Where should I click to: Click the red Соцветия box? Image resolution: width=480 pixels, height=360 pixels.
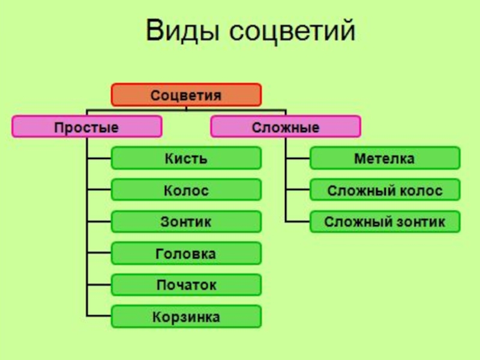(186, 95)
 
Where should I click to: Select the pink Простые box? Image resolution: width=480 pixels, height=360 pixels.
(87, 127)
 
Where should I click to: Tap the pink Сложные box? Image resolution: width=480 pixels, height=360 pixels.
(286, 127)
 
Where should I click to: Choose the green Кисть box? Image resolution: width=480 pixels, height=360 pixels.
(186, 158)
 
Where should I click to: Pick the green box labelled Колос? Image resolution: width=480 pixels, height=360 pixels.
(186, 190)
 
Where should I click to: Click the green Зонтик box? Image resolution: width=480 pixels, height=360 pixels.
(186, 221)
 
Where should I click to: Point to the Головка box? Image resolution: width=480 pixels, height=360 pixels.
(186, 253)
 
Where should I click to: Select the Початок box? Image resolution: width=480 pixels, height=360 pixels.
(186, 284)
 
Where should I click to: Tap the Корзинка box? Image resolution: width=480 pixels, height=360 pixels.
(186, 316)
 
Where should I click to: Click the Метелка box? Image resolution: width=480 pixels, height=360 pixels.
(385, 158)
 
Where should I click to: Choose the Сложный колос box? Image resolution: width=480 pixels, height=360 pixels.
(385, 190)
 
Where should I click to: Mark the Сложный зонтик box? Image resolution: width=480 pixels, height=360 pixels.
(385, 221)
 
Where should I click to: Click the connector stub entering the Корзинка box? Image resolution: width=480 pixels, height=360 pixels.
(100, 316)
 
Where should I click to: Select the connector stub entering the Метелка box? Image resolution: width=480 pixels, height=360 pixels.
(298, 158)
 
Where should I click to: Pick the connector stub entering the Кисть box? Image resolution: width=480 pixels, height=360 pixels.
(100, 158)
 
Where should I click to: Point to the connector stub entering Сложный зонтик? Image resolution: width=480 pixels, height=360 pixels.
(298, 221)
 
